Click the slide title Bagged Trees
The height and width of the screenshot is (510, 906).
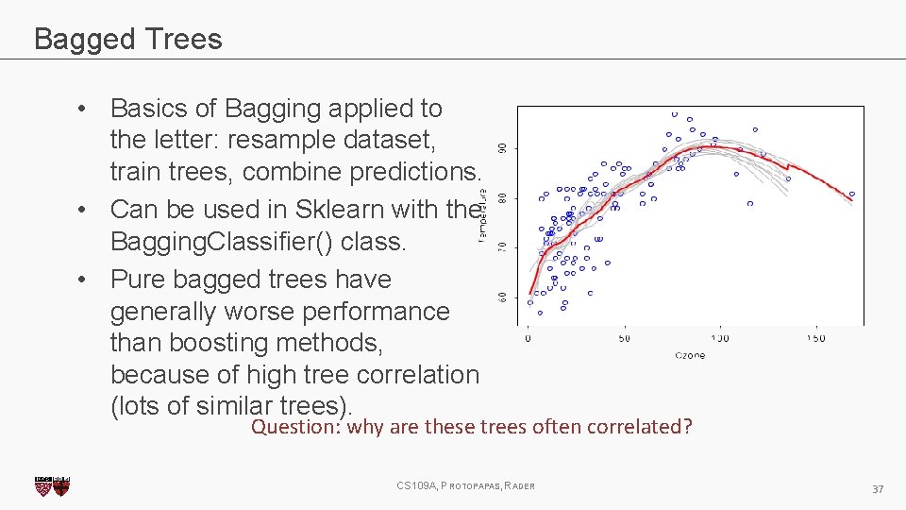[127, 39]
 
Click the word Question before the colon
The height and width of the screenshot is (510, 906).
[295, 427]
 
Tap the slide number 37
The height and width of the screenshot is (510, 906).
[878, 488]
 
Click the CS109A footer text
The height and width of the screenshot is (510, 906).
[416, 485]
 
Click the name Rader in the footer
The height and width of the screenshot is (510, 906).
[520, 485]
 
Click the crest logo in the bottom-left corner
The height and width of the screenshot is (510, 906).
[51, 486]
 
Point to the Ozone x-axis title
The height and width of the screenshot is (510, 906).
[689, 355]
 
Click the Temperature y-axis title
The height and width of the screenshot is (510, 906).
[482, 215]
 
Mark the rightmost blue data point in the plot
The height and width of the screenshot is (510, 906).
[851, 195]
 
